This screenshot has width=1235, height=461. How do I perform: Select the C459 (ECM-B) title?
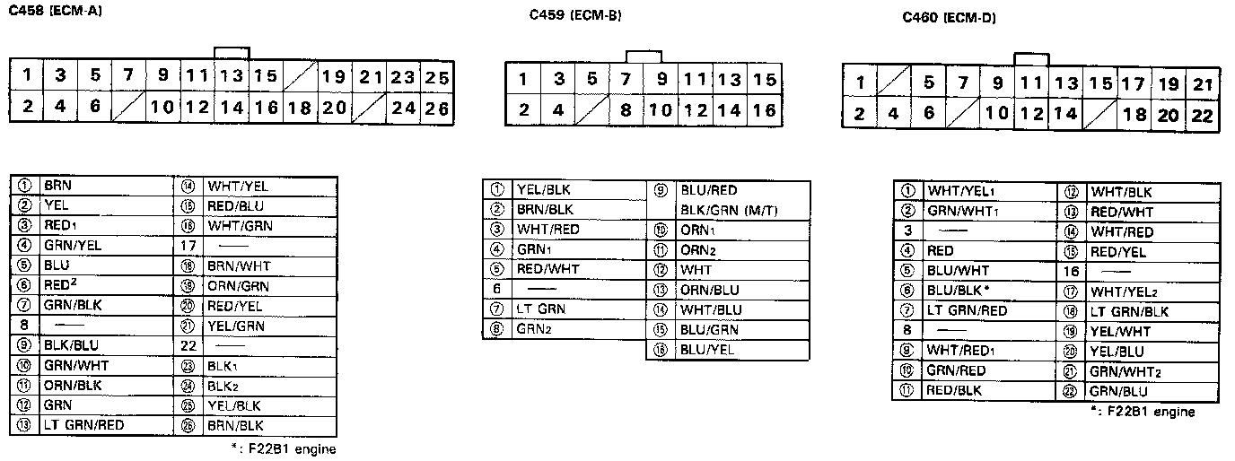click(x=574, y=15)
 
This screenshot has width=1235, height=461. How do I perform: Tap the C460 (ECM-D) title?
click(x=949, y=17)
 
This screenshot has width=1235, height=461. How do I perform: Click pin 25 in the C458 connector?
click(x=437, y=77)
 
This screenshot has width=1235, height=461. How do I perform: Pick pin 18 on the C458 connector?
click(x=300, y=108)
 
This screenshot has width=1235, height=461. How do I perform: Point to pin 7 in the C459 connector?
click(x=626, y=80)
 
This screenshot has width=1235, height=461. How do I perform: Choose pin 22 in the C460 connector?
click(x=1203, y=116)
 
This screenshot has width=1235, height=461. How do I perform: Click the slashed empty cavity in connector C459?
click(x=591, y=111)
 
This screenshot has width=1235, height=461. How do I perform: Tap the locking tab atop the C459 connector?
click(x=644, y=57)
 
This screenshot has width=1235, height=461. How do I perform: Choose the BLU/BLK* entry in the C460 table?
click(x=959, y=291)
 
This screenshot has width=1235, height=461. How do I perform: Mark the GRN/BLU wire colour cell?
click(x=1118, y=391)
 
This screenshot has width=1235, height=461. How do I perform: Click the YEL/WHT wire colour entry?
click(x=1119, y=331)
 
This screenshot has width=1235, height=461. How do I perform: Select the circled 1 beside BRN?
click(x=25, y=187)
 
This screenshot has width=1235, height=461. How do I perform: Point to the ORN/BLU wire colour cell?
click(x=708, y=290)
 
